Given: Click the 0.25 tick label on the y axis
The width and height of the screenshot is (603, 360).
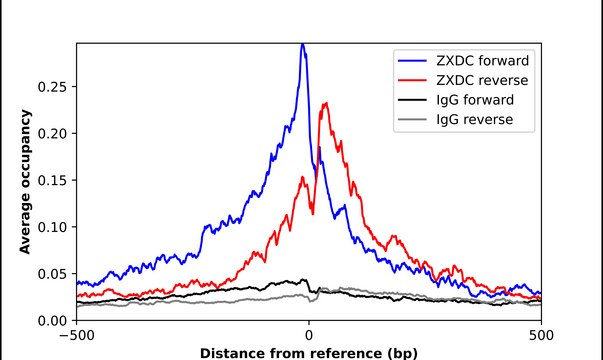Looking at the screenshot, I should (x=52, y=87).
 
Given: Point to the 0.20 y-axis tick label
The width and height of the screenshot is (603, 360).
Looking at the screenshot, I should (x=52, y=133).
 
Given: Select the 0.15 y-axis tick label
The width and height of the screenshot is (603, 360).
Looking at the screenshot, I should (x=52, y=180).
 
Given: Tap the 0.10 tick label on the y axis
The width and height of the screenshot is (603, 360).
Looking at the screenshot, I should (x=52, y=227).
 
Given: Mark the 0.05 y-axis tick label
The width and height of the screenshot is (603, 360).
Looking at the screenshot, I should (x=52, y=273).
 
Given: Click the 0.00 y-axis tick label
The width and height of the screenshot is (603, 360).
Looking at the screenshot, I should (x=52, y=320).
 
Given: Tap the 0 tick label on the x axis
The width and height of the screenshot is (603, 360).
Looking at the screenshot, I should (x=309, y=335).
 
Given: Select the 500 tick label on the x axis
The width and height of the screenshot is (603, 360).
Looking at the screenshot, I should (x=540, y=335).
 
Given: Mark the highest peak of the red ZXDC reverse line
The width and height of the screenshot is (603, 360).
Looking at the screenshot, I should (x=325, y=103).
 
